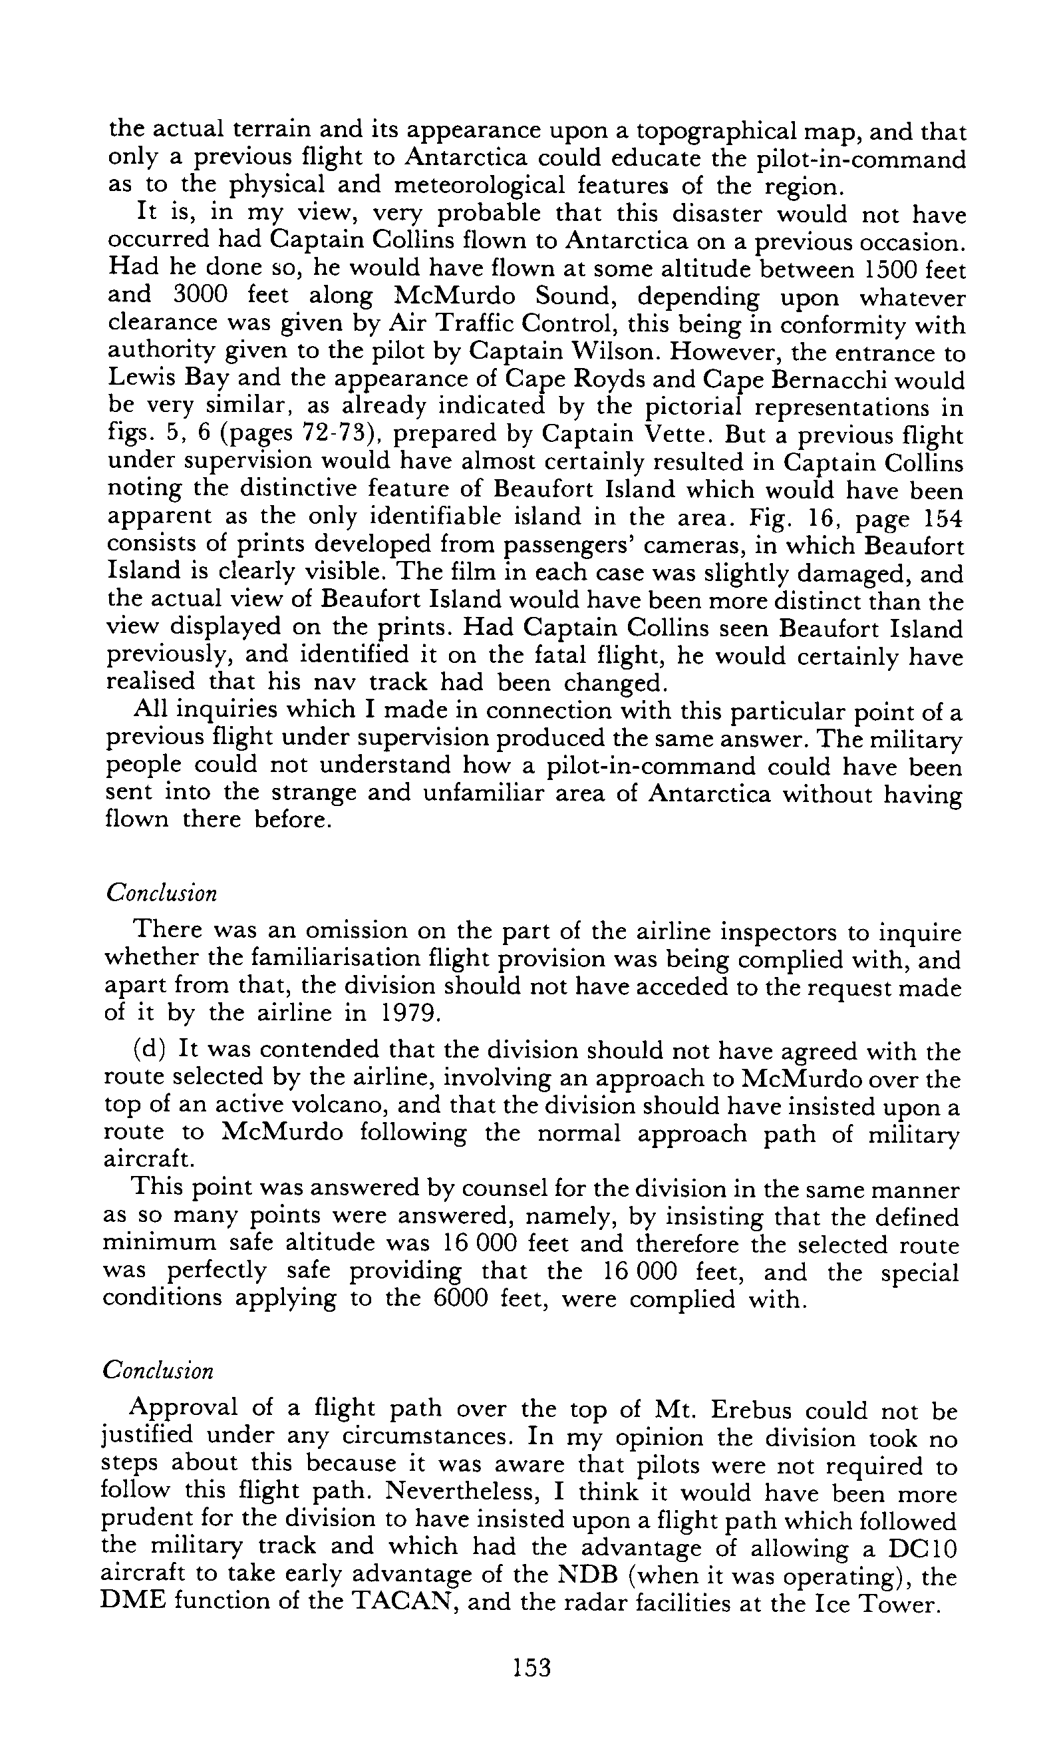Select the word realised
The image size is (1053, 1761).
pos(150,682)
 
